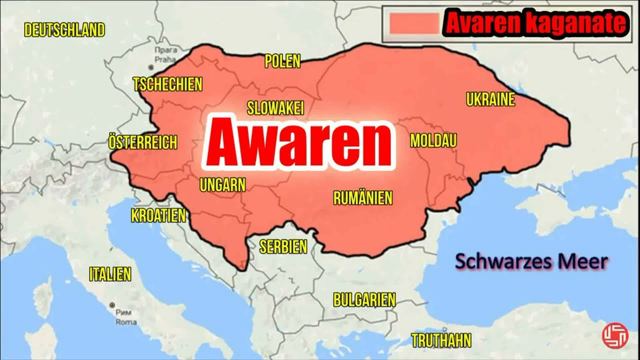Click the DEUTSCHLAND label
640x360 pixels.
[64, 30]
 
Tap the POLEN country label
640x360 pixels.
[282, 61]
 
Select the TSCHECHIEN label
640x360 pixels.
[167, 84]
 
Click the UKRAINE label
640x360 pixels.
[490, 100]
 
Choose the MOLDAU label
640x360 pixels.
[433, 141]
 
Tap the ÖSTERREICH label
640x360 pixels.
[142, 143]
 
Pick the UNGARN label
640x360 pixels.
[222, 185]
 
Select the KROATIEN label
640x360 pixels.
[158, 215]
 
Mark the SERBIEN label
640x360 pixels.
[283, 246]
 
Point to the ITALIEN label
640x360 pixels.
[110, 274]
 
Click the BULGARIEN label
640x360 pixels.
[364, 300]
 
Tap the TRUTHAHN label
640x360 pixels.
[441, 341]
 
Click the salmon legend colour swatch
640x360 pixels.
[415, 23]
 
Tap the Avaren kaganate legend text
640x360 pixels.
[534, 24]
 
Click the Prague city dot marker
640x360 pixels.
[150, 66]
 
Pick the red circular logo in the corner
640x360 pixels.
[614, 336]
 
